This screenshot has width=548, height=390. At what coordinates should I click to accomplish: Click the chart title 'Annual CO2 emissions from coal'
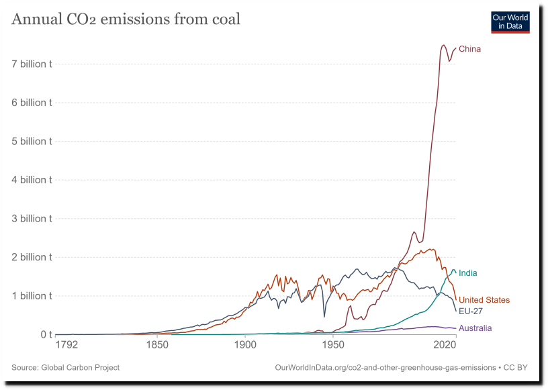coord(126,19)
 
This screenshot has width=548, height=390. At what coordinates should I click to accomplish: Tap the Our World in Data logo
coord(510,21)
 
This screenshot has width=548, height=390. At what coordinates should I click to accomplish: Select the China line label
coord(469,49)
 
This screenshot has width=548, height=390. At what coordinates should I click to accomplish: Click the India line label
coord(467,273)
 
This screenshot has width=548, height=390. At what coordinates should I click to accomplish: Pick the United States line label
coord(484,300)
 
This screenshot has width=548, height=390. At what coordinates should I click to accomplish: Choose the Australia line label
coord(475,328)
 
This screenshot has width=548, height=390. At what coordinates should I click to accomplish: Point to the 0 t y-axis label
coord(46,334)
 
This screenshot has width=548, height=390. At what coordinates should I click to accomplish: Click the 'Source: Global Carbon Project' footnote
coord(66,367)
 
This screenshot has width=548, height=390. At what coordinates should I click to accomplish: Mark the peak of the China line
coord(443,45)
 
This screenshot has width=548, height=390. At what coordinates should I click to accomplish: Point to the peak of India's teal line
coord(453,270)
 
